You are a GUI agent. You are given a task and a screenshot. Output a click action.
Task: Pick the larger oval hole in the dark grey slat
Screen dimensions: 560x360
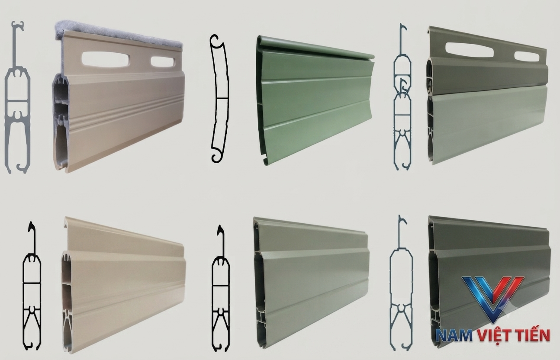[x=470, y=50]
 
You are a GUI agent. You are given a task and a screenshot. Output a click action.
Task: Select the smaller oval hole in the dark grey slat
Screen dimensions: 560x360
[x=527, y=57]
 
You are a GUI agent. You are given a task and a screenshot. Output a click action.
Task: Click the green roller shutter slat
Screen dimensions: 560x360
[x=315, y=100]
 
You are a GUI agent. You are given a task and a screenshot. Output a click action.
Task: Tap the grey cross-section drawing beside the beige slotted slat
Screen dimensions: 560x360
[x=17, y=97]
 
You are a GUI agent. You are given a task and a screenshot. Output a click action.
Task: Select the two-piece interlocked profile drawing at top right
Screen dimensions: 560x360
[x=402, y=97]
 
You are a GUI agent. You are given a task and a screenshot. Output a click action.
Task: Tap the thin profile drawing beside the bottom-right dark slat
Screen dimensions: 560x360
[x=401, y=283]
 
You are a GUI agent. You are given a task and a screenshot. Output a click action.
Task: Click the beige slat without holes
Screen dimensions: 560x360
[x=123, y=285]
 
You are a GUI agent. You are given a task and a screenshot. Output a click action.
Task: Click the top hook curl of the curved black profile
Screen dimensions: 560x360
[x=215, y=41]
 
